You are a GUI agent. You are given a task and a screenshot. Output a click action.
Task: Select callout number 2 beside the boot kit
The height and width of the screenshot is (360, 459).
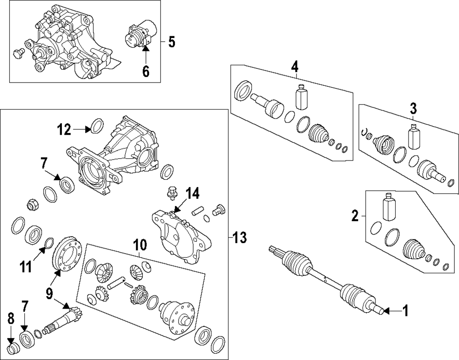[355, 216]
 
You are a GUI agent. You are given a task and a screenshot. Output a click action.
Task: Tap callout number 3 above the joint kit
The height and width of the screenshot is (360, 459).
[413, 109]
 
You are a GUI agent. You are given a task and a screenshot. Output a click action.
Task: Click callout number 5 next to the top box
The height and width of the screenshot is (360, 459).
[171, 42]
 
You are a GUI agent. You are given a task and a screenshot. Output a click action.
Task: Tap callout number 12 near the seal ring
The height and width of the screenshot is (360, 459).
[65, 130]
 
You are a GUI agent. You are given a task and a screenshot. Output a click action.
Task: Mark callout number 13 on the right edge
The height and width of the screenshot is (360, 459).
[240, 237]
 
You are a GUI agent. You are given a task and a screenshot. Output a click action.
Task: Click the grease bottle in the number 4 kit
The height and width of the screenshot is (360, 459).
[301, 97]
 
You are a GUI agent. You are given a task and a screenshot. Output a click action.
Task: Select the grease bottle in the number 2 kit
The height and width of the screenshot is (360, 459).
[389, 208]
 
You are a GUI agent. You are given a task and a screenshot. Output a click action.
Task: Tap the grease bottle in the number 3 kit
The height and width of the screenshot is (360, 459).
[414, 136]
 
